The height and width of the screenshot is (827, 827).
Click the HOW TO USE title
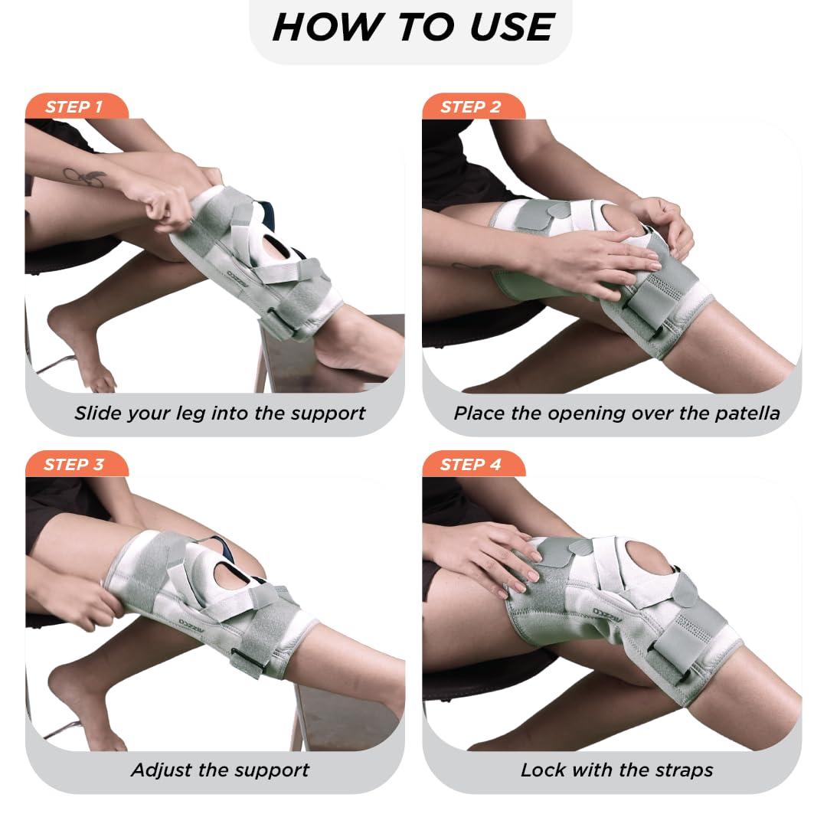point(413,28)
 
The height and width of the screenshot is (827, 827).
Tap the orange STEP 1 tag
point(74,107)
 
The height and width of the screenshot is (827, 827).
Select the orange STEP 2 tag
point(470,107)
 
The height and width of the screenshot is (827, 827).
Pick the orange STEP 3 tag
point(74,464)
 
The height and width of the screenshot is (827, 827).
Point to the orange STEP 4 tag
point(470,464)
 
